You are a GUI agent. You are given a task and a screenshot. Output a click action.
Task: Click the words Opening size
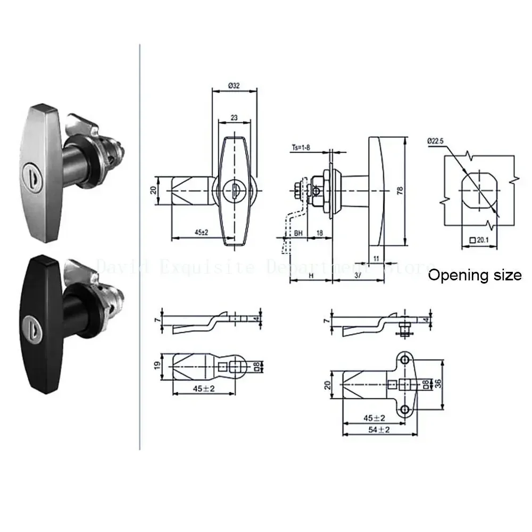point(475,275)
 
